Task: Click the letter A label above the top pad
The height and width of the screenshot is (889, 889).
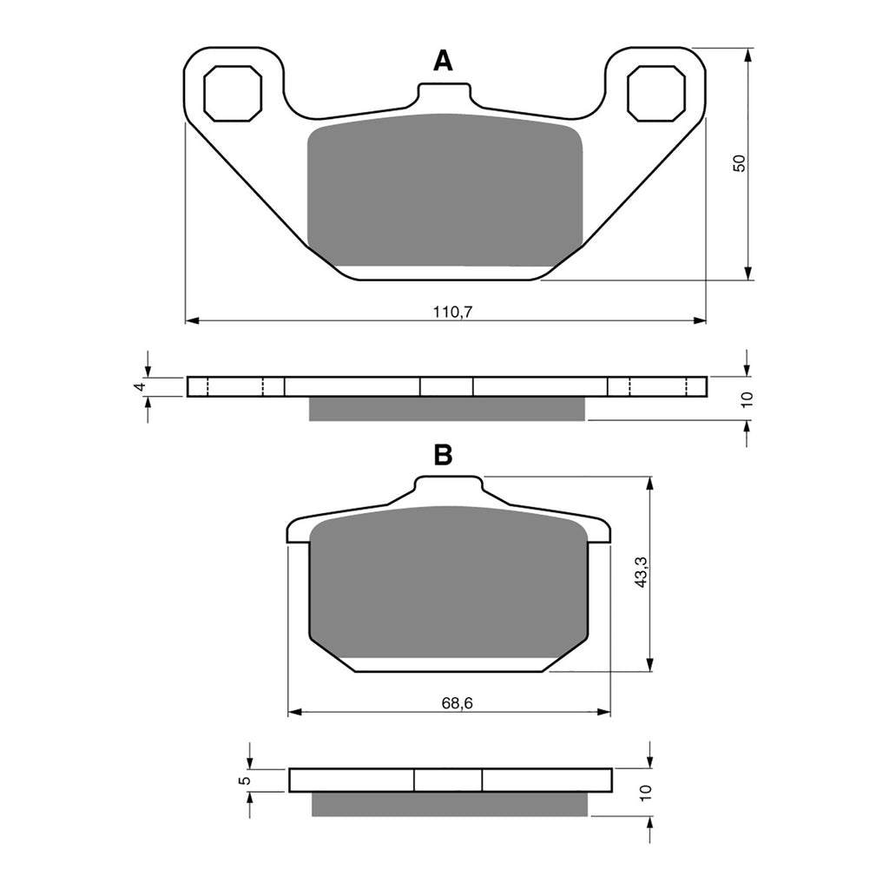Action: tap(443, 61)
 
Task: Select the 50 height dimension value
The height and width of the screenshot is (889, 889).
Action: tap(739, 162)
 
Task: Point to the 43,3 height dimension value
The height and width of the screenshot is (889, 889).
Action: tap(641, 573)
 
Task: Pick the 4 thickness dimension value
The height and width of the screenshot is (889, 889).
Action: tap(137, 386)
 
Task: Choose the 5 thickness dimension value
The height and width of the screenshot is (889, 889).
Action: tap(246, 780)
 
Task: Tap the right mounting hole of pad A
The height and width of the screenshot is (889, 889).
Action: tap(656, 93)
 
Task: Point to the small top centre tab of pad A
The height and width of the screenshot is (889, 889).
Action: tap(445, 93)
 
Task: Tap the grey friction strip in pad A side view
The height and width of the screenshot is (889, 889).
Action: tap(447, 409)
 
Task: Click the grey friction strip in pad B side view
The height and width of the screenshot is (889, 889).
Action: tap(449, 804)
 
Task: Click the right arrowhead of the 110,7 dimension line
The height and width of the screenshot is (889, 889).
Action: tap(700, 321)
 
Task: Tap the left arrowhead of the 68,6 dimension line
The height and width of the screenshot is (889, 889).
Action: tap(293, 713)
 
